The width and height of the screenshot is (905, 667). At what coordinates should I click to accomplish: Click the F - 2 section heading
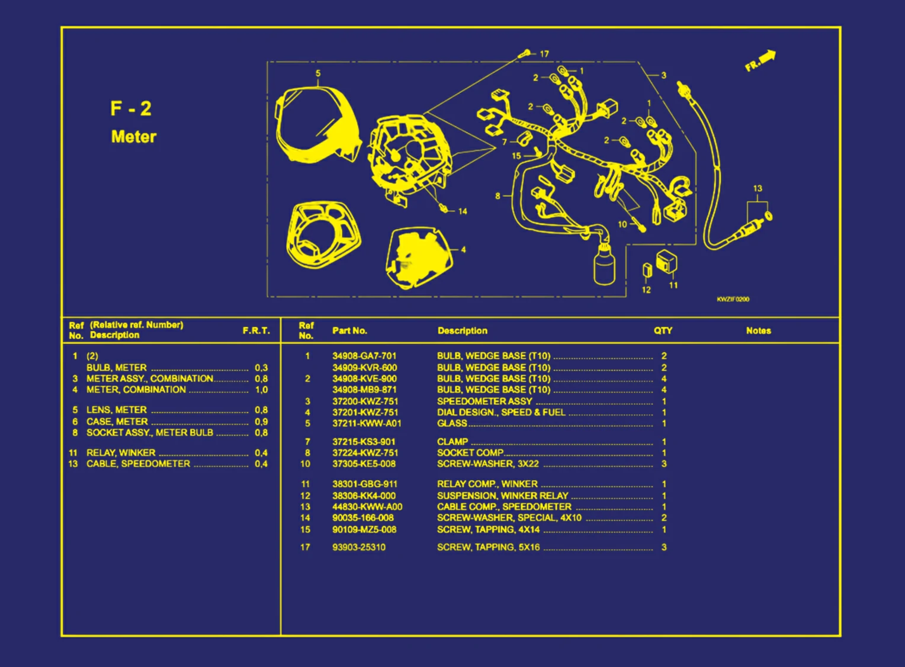pos(131,109)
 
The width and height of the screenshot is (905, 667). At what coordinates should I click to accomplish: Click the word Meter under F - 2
pos(134,137)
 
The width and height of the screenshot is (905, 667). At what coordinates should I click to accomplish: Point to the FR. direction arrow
pos(760,60)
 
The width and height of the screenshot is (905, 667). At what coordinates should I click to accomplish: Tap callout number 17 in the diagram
pos(544,54)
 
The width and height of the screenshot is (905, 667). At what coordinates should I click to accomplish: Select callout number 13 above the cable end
pos(758,189)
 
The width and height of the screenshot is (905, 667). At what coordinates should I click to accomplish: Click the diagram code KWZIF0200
pos(733,299)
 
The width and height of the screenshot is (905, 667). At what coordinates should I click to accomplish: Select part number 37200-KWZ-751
pos(365,401)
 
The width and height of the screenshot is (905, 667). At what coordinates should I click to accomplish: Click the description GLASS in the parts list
pos(452,423)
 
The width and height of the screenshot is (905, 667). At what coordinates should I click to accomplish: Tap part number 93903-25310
pos(359,547)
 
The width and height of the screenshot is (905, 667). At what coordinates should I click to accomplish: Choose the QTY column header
pos(663,331)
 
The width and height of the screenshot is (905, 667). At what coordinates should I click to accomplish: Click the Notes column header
pos(758,331)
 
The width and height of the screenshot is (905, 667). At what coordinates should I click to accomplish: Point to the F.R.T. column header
pos(256,331)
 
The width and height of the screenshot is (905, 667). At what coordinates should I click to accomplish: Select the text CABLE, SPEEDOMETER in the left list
pos(138,463)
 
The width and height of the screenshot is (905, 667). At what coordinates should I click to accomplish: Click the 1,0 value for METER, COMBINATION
pos(261,389)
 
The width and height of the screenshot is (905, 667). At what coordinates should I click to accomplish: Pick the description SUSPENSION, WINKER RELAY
pos(503,495)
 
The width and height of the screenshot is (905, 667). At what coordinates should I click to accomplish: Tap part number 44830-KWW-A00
pos(367,507)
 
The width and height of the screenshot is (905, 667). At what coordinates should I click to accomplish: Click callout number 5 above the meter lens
pos(318,73)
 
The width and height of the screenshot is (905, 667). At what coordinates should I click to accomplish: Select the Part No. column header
pos(349,331)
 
